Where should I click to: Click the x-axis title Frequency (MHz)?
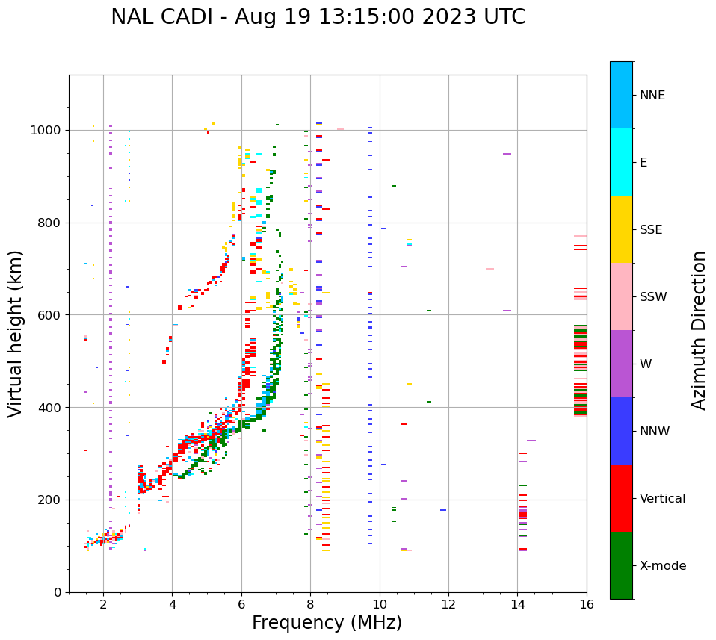(327, 623)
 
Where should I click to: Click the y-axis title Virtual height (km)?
(16, 334)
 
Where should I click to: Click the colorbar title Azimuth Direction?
(699, 330)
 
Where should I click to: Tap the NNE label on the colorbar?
(652, 96)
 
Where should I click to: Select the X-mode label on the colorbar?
(663, 566)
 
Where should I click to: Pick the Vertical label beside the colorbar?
(662, 499)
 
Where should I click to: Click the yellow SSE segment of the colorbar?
(621, 229)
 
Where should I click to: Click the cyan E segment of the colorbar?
(621, 162)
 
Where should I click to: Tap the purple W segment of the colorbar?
(621, 364)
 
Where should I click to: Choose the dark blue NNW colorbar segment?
(621, 431)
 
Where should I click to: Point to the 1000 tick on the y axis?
(46, 130)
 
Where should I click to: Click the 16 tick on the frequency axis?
(587, 605)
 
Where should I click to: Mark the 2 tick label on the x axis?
(103, 605)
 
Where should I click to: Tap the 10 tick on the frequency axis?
(380, 605)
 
